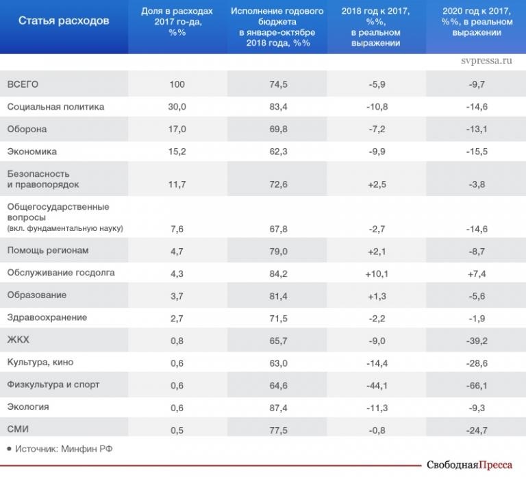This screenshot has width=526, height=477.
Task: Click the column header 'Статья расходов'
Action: click(64, 21)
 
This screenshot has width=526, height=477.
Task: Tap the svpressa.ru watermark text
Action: click(488, 60)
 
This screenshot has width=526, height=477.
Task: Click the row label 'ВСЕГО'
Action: click(23, 84)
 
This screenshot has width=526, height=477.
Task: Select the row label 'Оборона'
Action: click(27, 129)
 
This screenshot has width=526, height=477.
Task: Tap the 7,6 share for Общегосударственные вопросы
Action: click(177, 228)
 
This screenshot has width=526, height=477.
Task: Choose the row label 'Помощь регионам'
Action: click(48, 250)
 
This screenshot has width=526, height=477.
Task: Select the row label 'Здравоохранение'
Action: click(47, 317)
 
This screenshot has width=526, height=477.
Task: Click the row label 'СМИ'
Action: click(18, 429)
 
